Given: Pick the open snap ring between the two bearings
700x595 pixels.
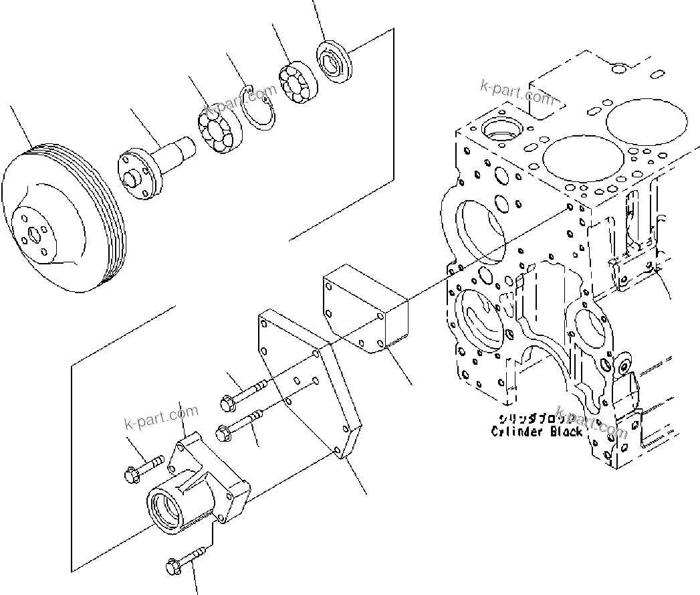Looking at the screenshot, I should [x=259, y=110].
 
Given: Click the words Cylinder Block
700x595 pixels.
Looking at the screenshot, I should [x=537, y=432].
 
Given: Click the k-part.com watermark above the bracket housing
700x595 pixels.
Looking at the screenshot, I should [x=161, y=418].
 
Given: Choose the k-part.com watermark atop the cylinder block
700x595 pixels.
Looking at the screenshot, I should [x=517, y=92].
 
